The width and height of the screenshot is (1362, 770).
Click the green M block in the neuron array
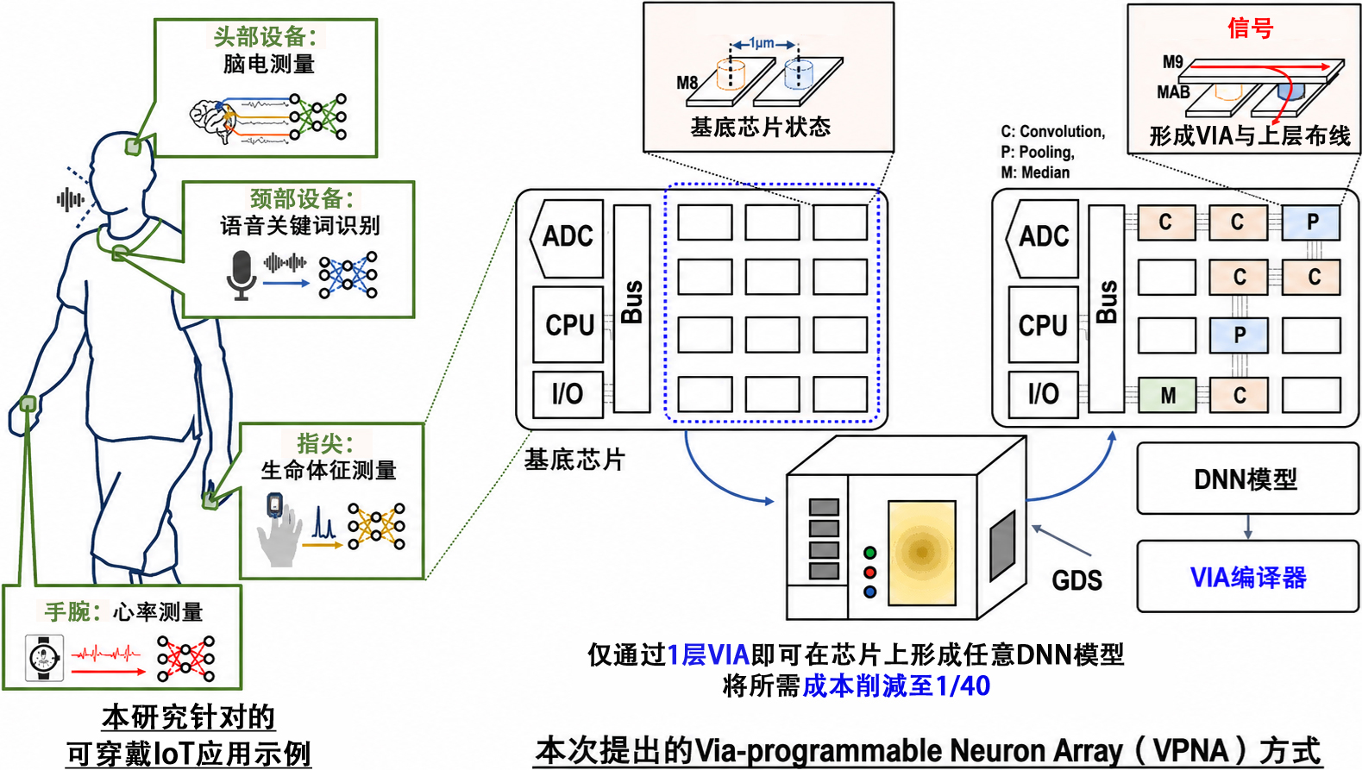1167,395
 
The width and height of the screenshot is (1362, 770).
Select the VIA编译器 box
1247,576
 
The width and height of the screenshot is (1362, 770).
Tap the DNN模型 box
1247,479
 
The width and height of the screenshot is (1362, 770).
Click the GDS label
1076,580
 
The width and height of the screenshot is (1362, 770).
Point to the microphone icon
242,275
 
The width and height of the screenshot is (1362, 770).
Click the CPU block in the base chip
568,324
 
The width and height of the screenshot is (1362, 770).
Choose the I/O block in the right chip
1044,394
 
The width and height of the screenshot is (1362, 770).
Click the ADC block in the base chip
567,238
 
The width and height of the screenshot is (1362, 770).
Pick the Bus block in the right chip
1106,309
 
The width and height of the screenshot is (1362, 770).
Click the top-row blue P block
1311,222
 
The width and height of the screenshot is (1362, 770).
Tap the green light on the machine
870,553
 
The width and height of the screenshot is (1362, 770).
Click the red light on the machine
870,572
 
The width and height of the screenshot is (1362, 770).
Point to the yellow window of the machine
922,553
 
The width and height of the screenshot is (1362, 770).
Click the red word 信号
1251,28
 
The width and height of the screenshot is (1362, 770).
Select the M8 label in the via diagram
687,82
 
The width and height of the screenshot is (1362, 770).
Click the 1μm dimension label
762,43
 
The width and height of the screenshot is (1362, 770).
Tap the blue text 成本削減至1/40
896,685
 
